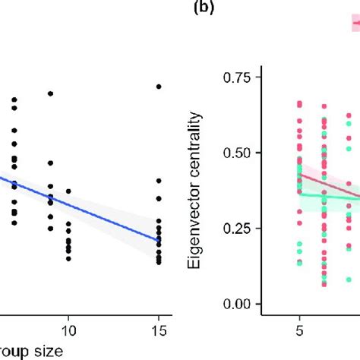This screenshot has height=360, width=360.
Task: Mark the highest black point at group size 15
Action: tap(158, 87)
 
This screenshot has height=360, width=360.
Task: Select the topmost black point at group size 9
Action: tap(50, 93)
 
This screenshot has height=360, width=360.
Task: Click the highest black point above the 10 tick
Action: tap(68, 191)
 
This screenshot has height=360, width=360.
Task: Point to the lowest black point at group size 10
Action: tap(68, 259)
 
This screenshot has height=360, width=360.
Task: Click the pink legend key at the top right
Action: tap(355, 24)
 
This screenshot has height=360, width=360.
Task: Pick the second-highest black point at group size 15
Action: tap(158, 180)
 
